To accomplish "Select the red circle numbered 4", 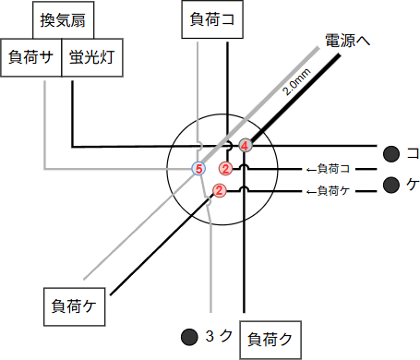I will click(245, 144).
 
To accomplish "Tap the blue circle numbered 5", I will click(198, 168).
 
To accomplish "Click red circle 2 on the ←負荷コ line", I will click(225, 168).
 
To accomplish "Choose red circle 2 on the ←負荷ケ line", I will click(220, 191).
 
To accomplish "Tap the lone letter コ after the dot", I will click(413, 152).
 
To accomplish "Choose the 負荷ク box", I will click(270, 339).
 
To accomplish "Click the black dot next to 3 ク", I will click(189, 335).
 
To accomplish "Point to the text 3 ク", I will click(216, 335).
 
